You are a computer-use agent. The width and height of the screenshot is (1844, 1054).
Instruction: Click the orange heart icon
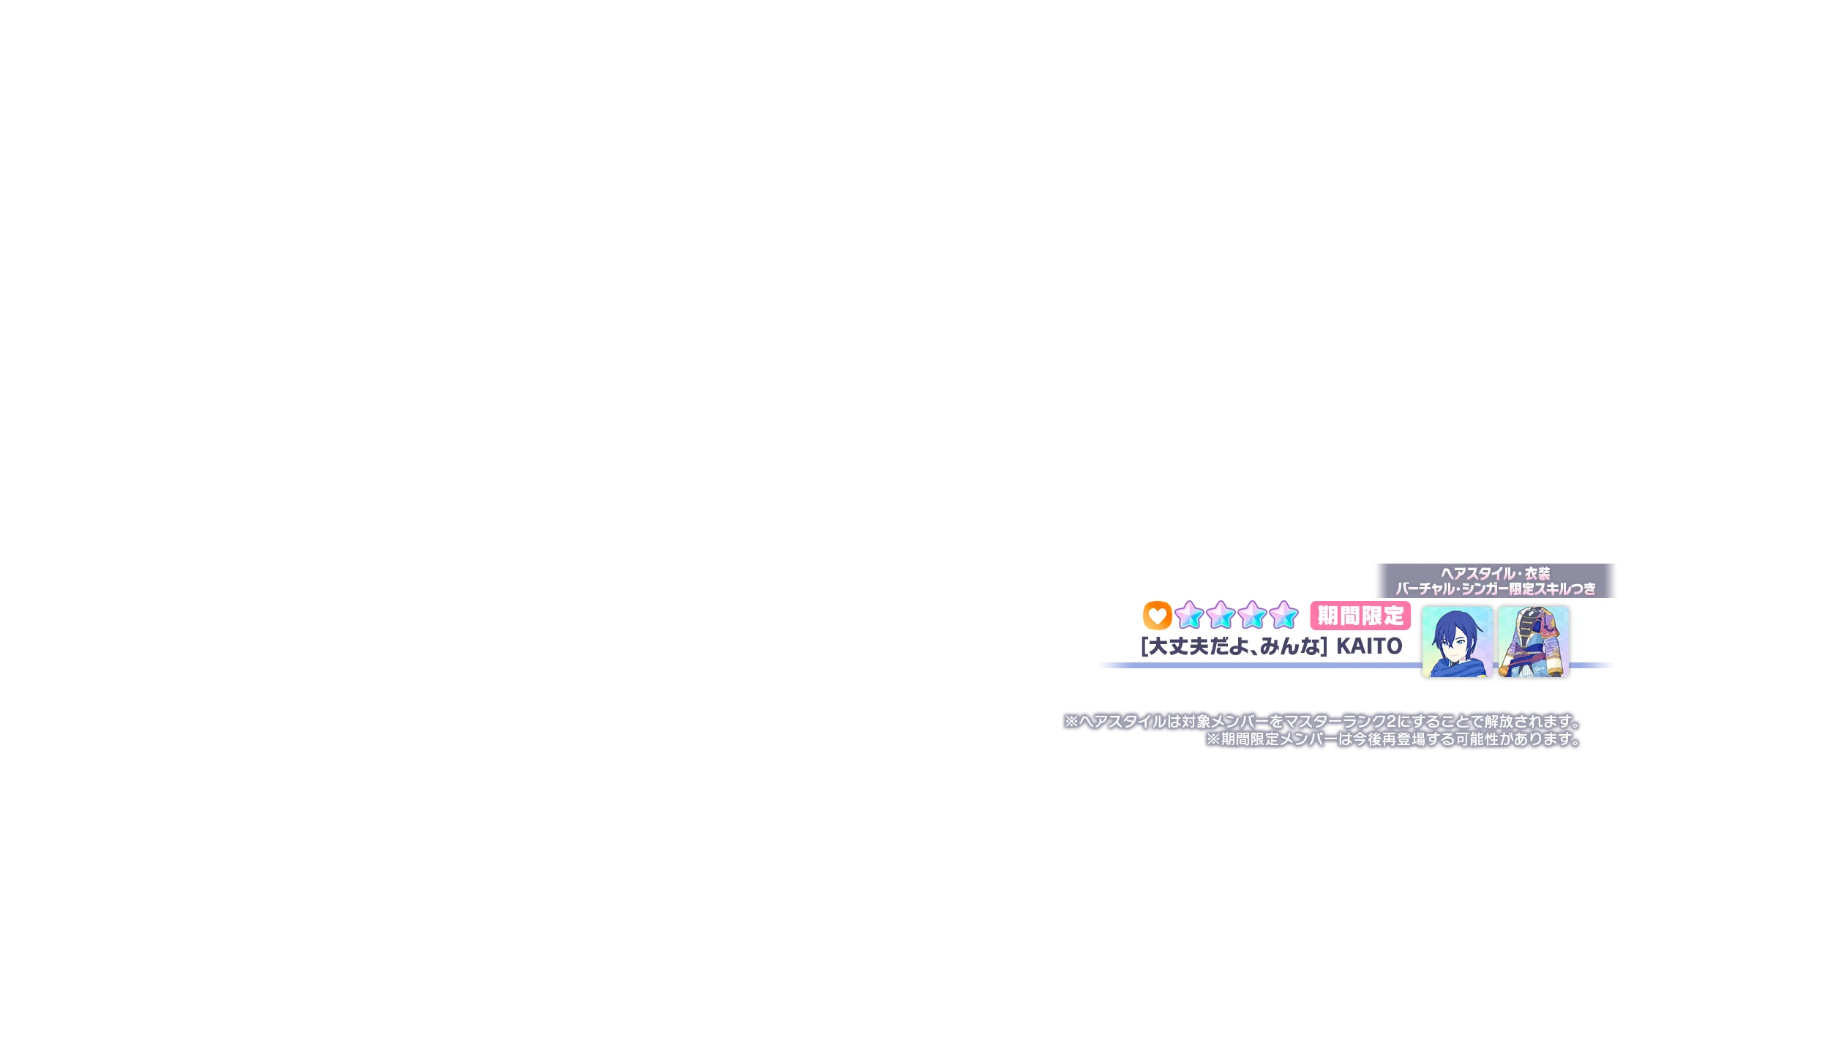click(x=1157, y=616)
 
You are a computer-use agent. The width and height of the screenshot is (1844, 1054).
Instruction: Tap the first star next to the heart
click(x=1189, y=616)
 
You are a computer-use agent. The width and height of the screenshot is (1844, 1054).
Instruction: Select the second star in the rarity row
click(x=1221, y=616)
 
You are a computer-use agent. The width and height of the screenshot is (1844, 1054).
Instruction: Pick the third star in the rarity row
click(x=1252, y=616)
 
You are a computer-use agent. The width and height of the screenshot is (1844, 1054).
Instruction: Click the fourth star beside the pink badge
click(x=1283, y=616)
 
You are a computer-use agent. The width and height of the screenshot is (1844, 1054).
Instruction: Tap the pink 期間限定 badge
click(x=1360, y=616)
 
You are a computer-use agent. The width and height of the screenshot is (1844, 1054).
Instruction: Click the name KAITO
click(x=1369, y=646)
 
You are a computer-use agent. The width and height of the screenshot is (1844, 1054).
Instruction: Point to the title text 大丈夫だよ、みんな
click(x=1234, y=646)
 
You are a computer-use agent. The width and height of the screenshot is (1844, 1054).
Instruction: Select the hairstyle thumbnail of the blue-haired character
click(x=1457, y=642)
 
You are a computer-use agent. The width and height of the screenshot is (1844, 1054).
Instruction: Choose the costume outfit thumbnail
click(x=1534, y=642)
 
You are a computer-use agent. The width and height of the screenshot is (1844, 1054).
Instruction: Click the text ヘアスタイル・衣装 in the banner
click(x=1496, y=573)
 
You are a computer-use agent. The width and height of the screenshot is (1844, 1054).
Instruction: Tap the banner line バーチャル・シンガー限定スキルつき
click(x=1496, y=588)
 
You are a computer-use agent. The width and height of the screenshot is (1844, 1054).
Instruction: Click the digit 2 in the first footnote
click(x=1391, y=722)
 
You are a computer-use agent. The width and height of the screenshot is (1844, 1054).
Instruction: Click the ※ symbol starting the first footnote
click(x=1072, y=722)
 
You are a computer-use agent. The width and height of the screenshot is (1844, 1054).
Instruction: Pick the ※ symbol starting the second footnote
click(x=1213, y=739)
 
